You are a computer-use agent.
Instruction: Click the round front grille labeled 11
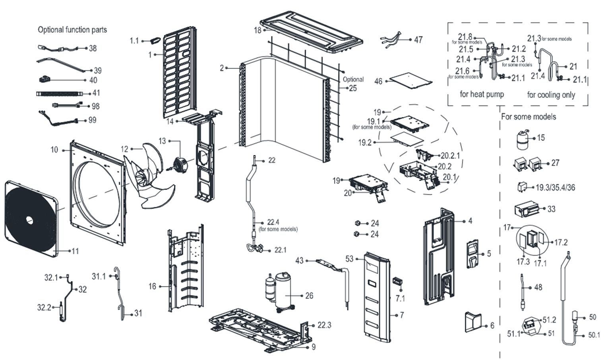pyautogui.click(x=30, y=219)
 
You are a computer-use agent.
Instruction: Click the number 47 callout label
pyautogui.click(x=418, y=40)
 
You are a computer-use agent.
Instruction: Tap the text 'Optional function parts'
pyautogui.click(x=72, y=29)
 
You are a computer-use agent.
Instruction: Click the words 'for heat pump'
pyautogui.click(x=482, y=94)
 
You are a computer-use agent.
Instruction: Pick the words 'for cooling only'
pyautogui.click(x=551, y=95)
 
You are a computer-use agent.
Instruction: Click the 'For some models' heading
pyautogui.click(x=528, y=116)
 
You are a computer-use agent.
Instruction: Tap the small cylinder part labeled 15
pyautogui.click(x=523, y=139)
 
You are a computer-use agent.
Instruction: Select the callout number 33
pyautogui.click(x=551, y=209)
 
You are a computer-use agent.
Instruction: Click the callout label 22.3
pyautogui.click(x=324, y=325)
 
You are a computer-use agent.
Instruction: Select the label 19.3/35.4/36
pyautogui.click(x=555, y=188)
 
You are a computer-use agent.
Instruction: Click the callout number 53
pyautogui.click(x=349, y=259)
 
